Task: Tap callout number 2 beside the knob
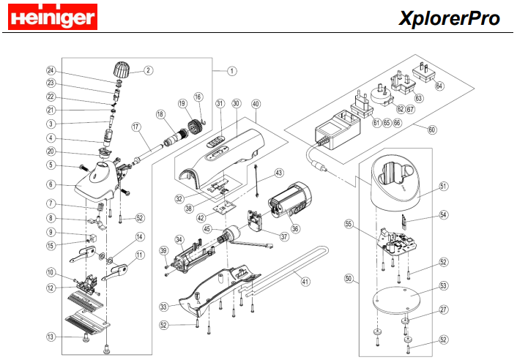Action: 148,71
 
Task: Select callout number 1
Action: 231,71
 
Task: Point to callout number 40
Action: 256,104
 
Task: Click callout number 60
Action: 431,130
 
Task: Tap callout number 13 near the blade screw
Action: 51,337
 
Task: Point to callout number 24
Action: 51,71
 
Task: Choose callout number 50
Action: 349,278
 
